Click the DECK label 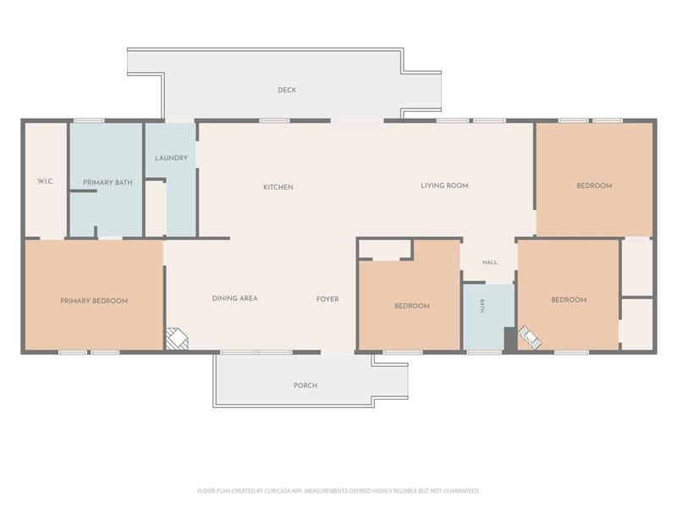[287, 90]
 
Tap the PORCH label [305, 385]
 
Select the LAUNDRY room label [172, 158]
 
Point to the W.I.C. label [46, 181]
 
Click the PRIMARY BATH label [107, 183]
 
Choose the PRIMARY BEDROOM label [94, 301]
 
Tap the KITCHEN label [278, 187]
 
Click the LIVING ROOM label [444, 185]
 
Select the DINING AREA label [235, 299]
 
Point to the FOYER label [327, 299]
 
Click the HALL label [490, 262]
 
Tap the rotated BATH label [482, 306]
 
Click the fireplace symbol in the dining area [177, 339]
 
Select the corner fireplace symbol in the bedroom [530, 337]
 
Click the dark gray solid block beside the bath [510, 339]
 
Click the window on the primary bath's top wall [89, 120]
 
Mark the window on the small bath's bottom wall [484, 352]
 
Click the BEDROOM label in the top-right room [594, 185]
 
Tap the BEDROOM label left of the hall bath [412, 306]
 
